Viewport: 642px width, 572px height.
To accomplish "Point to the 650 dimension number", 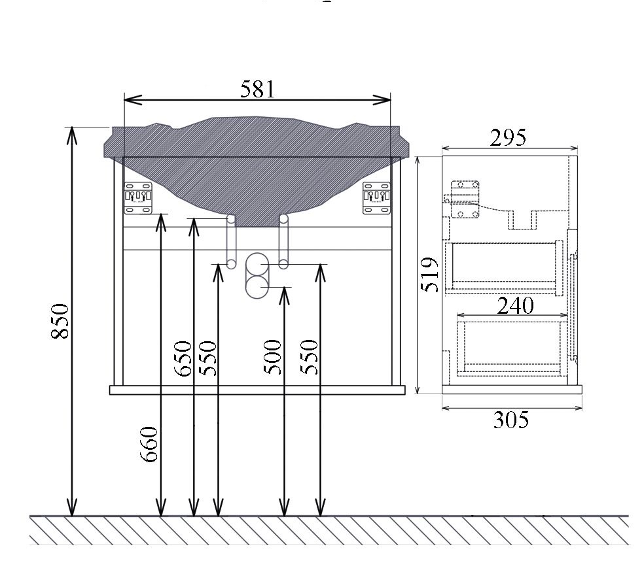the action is coord(183,358).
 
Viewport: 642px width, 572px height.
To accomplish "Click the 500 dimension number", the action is coord(273,357).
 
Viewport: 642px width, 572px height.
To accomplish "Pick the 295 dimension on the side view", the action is coord(508,137).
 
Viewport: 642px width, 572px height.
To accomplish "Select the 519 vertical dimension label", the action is coord(430,275).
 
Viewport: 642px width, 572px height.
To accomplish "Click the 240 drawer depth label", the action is coord(516,305).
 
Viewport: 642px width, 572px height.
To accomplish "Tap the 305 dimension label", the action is coord(511,420).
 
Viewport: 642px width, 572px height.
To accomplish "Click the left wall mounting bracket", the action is coord(138,198).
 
